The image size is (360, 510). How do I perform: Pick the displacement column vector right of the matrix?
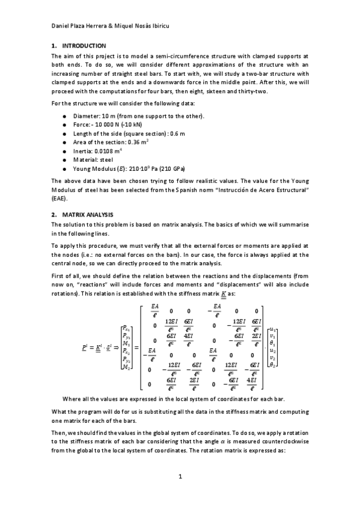tap(272, 347)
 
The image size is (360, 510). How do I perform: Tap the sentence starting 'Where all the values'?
tap(182, 398)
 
